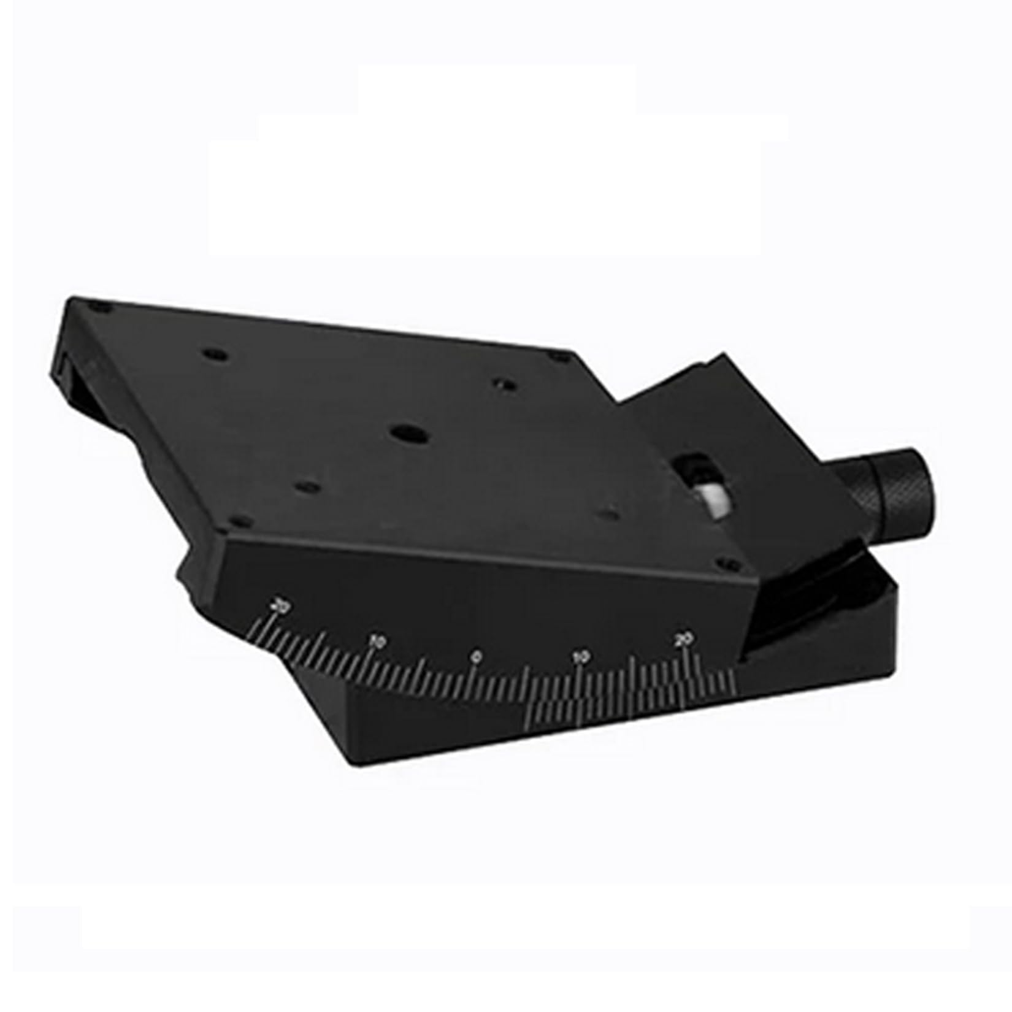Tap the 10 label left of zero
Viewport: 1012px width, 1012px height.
point(377,642)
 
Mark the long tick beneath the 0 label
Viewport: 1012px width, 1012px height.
point(473,677)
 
